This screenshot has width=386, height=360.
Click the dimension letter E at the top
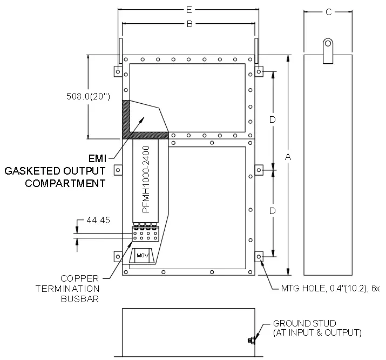(189, 10)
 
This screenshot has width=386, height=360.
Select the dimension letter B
(189, 24)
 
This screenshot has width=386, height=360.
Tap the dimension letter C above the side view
(328, 12)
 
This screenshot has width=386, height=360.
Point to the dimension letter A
(288, 157)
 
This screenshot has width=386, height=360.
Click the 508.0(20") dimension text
(88, 96)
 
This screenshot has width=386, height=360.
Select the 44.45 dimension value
(98, 220)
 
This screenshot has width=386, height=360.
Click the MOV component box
(143, 256)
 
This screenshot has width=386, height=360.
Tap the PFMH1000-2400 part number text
(146, 179)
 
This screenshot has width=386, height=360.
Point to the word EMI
(97, 159)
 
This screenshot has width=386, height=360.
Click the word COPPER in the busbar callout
(79, 279)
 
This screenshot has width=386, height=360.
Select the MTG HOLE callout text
(330, 288)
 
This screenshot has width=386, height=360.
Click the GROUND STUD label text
(304, 323)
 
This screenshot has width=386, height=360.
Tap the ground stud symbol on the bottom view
(251, 341)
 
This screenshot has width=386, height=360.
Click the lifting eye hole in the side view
(328, 44)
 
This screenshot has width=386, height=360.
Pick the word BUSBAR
(80, 299)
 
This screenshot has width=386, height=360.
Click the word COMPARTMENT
(65, 183)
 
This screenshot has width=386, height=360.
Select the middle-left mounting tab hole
(118, 170)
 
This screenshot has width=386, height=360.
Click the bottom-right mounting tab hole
(259, 257)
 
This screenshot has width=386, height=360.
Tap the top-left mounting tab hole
(118, 72)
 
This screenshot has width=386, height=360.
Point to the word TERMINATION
(67, 289)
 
